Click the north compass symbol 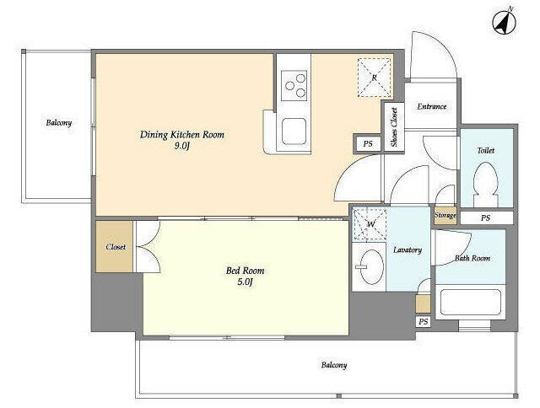click(x=505, y=22)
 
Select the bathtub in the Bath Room click(x=471, y=302)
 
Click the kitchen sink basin click(x=294, y=132)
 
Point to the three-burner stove click(x=294, y=86)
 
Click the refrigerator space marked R click(x=375, y=78)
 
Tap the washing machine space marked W click(x=370, y=224)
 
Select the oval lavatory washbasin click(x=371, y=266)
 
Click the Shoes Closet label click(x=394, y=127)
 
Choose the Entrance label click(x=432, y=107)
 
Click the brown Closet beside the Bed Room click(x=115, y=247)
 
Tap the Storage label click(x=445, y=215)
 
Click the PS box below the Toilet click(x=487, y=218)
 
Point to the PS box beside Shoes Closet click(x=368, y=143)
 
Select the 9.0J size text click(x=182, y=146)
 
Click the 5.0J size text click(x=245, y=282)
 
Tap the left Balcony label click(x=59, y=123)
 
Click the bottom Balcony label click(x=334, y=365)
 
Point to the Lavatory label click(x=408, y=250)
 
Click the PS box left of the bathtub click(x=424, y=322)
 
